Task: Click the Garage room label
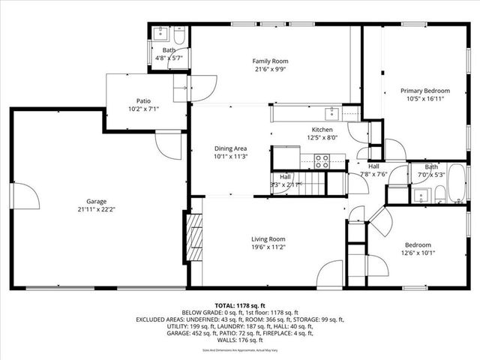96,202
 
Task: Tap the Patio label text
142,100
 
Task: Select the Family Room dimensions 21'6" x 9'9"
270,70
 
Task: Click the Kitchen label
322,129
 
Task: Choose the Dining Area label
230,148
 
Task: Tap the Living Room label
268,238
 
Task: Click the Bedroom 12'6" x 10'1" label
418,245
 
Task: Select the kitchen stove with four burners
322,158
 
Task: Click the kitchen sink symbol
331,114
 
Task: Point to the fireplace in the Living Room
193,238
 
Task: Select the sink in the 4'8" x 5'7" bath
160,34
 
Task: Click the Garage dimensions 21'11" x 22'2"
96,210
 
